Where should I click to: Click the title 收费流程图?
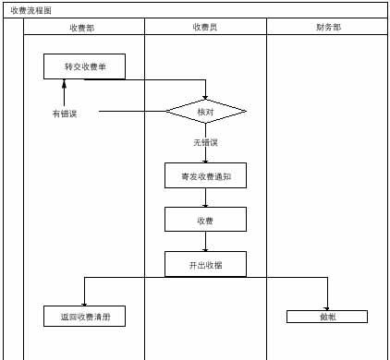(31, 9)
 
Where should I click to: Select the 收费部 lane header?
(82, 28)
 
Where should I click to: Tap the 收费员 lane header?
(205, 28)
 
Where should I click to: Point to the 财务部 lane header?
(328, 28)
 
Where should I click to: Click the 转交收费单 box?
(84, 66)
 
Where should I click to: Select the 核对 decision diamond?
(206, 112)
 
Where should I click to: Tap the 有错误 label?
(65, 114)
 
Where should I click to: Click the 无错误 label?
(205, 142)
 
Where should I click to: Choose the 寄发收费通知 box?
(205, 175)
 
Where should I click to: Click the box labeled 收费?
(205, 220)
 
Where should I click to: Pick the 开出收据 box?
(205, 264)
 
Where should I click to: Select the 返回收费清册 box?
(84, 317)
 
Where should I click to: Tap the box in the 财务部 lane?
(327, 317)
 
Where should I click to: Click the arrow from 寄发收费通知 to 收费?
(205, 198)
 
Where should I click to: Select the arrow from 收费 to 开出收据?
(205, 242)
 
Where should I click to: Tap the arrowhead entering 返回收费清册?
(84, 303)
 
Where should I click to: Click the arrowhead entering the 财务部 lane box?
(327, 306)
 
